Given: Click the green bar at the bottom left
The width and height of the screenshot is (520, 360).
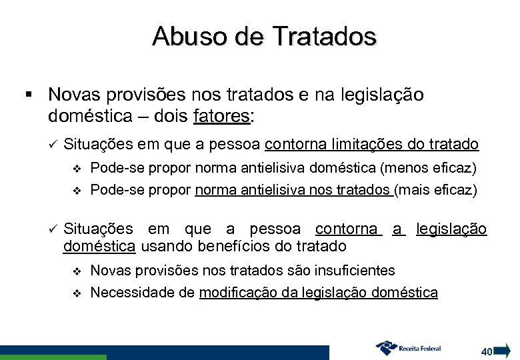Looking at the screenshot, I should pos(53,357).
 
